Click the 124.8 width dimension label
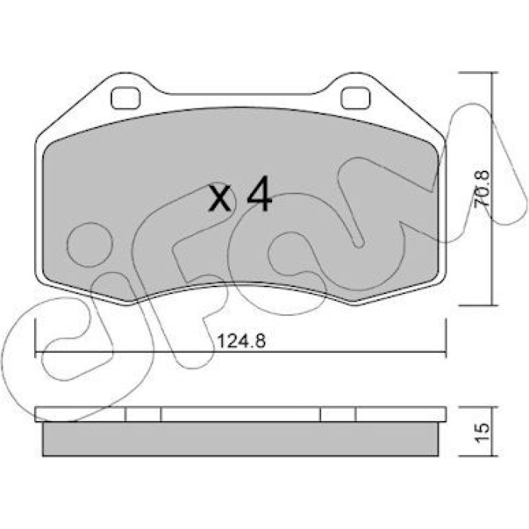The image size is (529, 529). click(x=241, y=341)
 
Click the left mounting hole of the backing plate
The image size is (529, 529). click(x=125, y=97)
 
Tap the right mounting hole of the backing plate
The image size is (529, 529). click(x=355, y=97)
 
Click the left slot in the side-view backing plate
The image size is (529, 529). click(x=143, y=414)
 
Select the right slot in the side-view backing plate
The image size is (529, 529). click(x=338, y=414)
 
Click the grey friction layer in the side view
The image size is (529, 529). click(x=240, y=439)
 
